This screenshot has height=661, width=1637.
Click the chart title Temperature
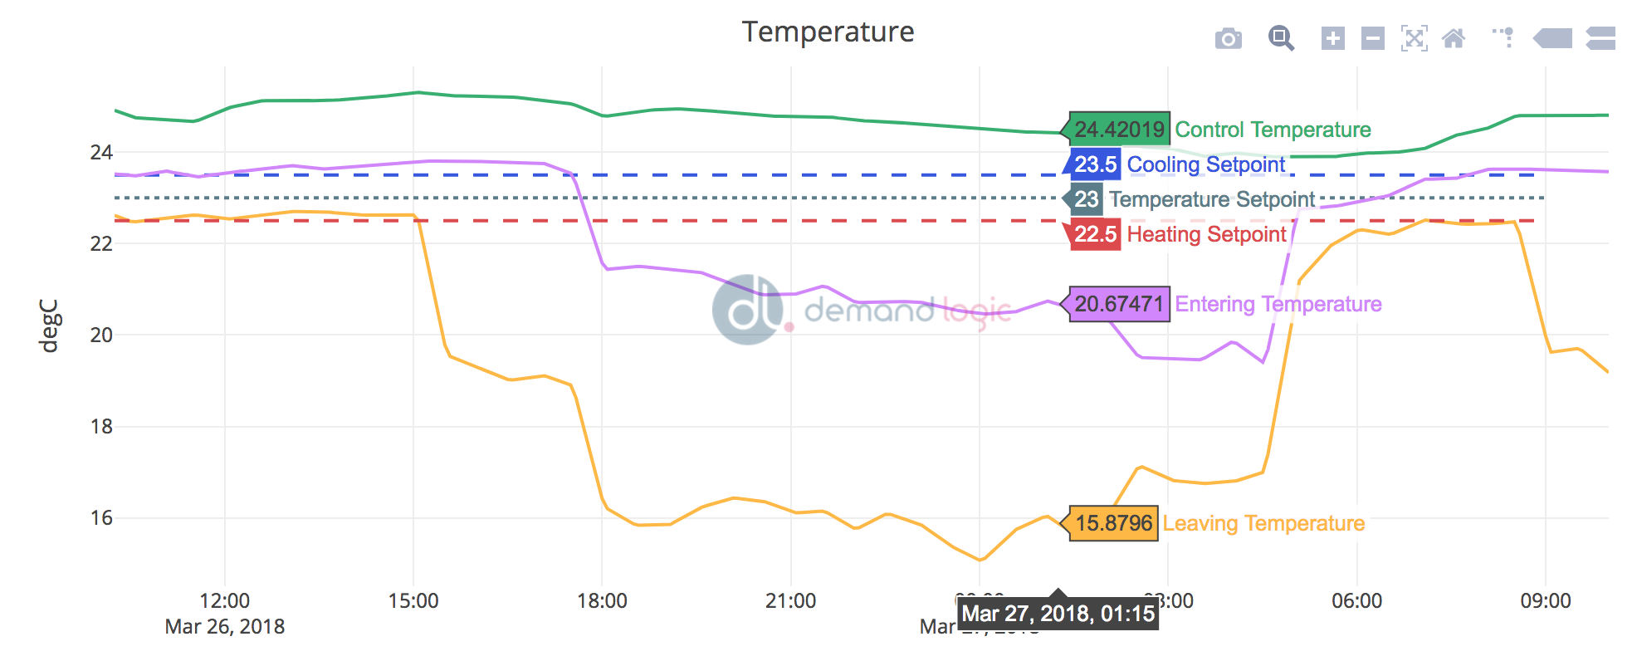828,32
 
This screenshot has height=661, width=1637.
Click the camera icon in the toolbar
1228,38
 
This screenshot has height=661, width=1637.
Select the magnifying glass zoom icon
1281,38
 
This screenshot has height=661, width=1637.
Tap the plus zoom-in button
1332,38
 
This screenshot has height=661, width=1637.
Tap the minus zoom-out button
1372,38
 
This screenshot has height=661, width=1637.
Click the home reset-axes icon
1453,38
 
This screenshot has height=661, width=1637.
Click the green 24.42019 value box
1119,130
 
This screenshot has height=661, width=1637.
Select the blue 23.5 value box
1095,164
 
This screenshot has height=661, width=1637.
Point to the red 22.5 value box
1095,234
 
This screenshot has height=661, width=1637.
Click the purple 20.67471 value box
1119,304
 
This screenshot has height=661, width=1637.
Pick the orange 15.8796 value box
1114,523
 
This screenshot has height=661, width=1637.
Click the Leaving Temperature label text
1263,523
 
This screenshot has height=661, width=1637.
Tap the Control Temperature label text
1273,130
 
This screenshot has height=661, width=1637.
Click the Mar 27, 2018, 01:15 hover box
1058,614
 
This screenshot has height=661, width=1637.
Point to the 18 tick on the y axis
101,427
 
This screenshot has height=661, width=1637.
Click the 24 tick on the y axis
101,153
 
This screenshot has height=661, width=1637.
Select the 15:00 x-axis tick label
413,601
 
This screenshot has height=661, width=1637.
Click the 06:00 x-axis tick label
1356,601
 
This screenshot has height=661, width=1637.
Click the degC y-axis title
50,326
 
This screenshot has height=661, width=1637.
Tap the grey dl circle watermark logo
747,310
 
